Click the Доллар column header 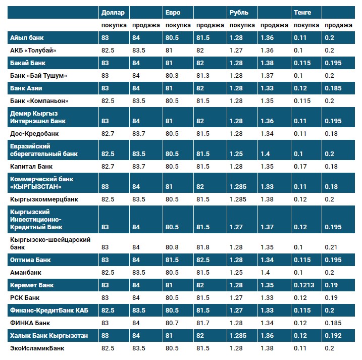point(113,12)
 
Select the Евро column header point(173,12)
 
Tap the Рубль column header point(239,12)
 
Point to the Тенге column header point(302,12)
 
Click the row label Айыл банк point(26,38)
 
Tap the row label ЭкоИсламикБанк point(37,348)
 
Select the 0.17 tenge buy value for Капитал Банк point(300,166)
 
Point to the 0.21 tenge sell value point(331,247)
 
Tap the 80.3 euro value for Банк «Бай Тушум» point(173,76)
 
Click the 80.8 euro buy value point(173,247)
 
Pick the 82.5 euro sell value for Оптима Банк point(203,260)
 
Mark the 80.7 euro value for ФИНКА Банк point(173,323)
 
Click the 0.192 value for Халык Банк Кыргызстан point(333,336)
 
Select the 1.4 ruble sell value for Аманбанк point(265,273)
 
